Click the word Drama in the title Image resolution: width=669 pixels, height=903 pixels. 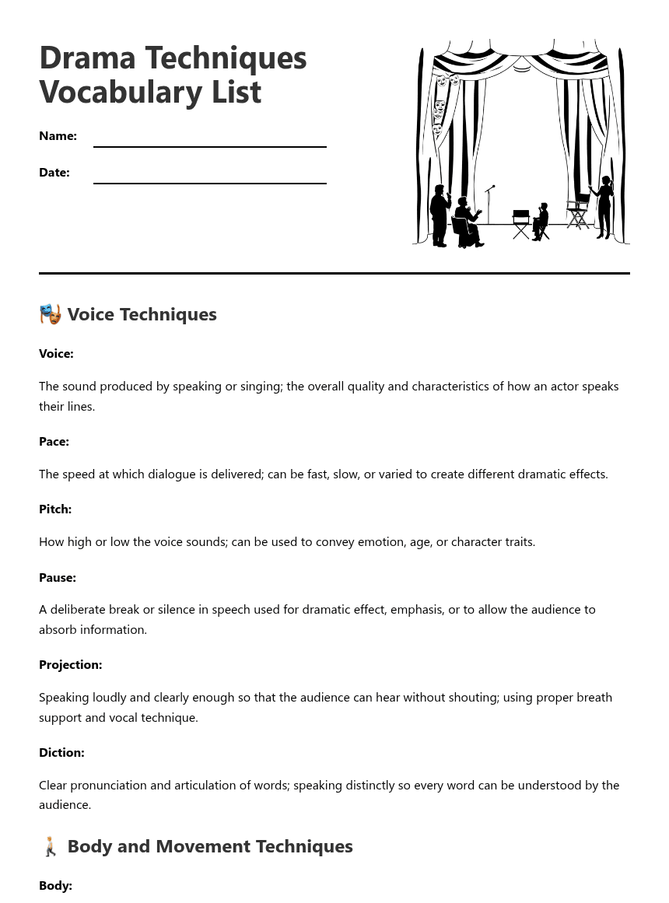(87, 58)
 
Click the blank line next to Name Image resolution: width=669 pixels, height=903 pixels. (209, 145)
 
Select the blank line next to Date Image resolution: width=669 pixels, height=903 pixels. (209, 181)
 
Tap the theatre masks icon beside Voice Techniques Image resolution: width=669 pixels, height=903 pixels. (51, 314)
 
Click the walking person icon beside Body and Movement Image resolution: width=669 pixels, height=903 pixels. (51, 846)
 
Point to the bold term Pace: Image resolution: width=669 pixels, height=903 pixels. (54, 442)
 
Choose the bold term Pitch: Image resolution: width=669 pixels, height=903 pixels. (55, 509)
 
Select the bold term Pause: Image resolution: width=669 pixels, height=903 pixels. (58, 578)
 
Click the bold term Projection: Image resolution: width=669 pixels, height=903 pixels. (70, 665)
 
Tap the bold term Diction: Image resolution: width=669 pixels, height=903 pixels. (61, 753)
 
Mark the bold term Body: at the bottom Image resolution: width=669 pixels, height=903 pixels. (55, 886)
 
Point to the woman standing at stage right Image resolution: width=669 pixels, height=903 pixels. (604, 208)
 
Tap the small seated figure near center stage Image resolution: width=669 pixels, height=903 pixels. (541, 222)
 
